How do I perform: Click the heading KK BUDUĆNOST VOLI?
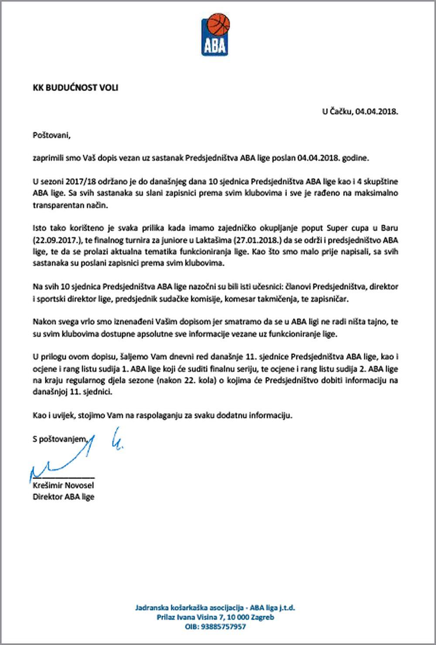(75, 88)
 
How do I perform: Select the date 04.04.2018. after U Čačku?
(376, 112)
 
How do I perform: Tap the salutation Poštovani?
(51, 135)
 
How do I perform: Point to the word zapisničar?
(331, 299)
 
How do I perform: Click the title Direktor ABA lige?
(63, 496)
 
